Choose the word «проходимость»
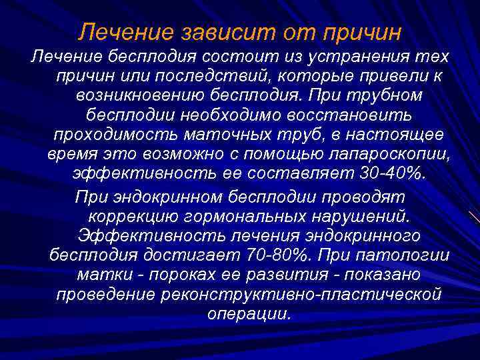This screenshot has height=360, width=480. pyautogui.click(x=111, y=134)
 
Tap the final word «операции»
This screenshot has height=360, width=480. pyautogui.click(x=248, y=313)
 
